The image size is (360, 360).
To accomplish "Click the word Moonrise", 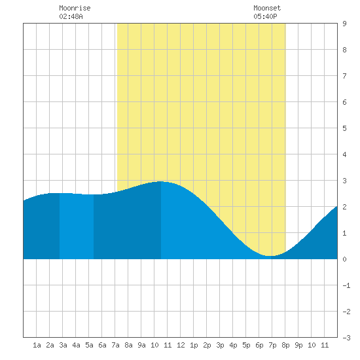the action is point(75,8).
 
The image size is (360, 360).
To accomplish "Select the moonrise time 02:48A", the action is point(71,16).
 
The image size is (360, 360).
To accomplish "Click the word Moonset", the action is point(267,8).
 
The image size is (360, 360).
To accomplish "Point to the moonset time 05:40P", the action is point(265,16).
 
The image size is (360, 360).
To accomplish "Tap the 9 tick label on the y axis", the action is point(344,24).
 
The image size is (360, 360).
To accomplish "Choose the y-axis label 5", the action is point(344,128).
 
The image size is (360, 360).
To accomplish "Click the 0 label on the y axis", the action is point(344,259).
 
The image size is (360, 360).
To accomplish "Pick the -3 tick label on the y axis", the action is point(347,338).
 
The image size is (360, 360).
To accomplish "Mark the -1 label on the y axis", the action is point(347,285).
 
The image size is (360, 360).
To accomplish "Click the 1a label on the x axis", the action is point(37,345).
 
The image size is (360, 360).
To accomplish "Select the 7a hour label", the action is point(115,345).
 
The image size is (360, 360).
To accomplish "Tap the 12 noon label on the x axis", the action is point(181,345).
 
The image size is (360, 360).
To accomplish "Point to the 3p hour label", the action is point(220,345).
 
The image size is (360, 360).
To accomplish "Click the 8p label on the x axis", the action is point(285,345).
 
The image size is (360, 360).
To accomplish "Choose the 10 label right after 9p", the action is point(312,345).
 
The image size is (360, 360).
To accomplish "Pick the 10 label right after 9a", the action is point(154,345).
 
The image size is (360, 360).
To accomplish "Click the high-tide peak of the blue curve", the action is point(161,181).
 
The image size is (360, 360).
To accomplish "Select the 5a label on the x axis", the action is point(89,345).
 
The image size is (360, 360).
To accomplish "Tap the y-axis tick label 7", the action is point(344,76).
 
